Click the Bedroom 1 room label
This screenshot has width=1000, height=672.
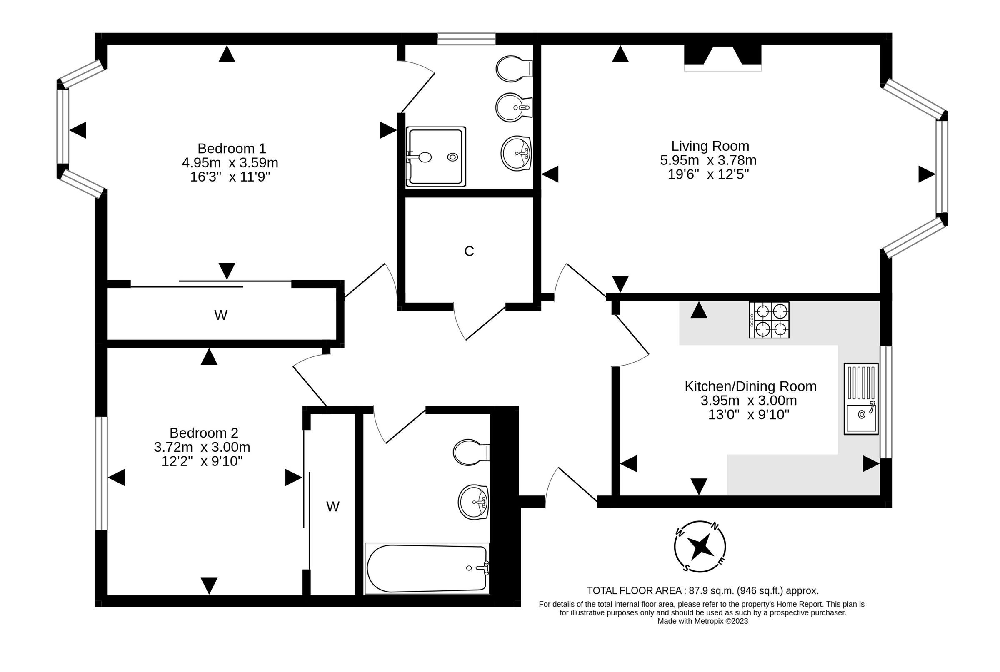232,148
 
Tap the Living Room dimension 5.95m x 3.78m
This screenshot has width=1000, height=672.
708,160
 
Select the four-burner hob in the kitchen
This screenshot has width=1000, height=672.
769,320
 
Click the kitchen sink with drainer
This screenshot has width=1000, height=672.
861,399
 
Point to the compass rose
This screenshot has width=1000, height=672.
700,546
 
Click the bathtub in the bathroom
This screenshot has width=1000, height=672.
427,568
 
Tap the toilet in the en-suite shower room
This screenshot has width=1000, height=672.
513,69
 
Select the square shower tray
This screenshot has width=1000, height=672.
436,157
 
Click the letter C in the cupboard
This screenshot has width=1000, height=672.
469,251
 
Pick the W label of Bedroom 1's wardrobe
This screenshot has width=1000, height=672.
220,316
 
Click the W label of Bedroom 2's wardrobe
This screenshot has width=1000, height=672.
333,507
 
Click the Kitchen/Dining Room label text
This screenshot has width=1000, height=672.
750,386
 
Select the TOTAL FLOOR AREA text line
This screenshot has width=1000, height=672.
702,590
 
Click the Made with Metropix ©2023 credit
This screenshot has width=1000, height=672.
702,621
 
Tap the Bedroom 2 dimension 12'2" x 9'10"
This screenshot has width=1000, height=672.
202,461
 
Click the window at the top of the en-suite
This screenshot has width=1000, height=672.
466,39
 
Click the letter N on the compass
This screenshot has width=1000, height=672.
715,526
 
